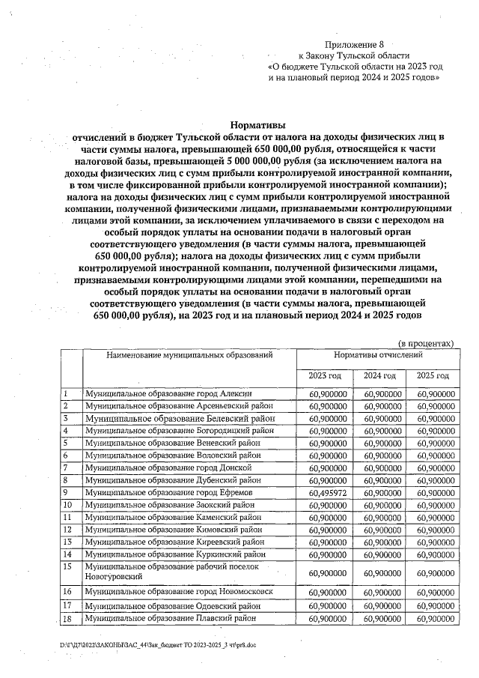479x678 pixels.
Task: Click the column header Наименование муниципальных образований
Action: [189, 356]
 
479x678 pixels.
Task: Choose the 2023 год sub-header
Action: [324, 375]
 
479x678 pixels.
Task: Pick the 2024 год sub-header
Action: [379, 375]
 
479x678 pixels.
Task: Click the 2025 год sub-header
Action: [433, 375]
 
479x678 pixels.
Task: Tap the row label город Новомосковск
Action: [179, 592]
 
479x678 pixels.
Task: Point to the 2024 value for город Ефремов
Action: [380, 492]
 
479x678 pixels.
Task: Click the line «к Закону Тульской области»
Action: [354, 56]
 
